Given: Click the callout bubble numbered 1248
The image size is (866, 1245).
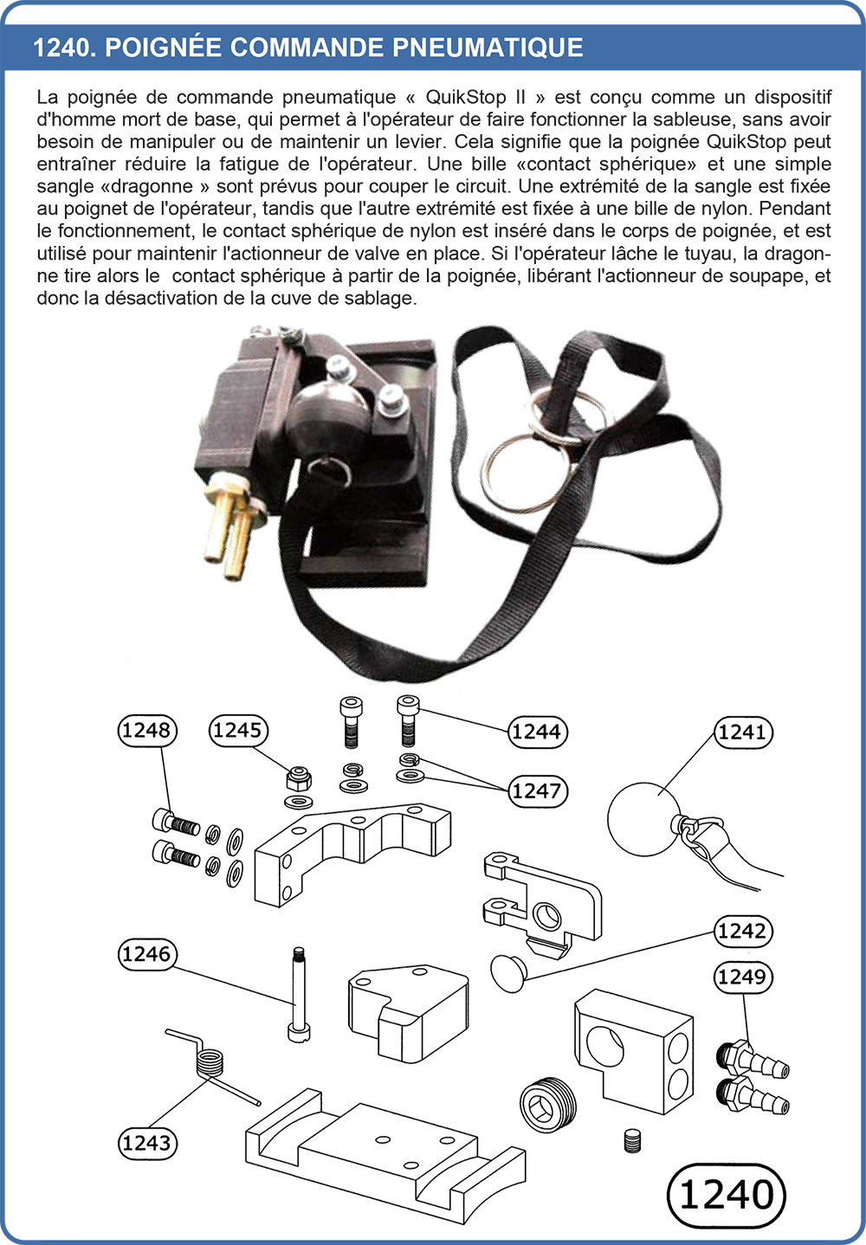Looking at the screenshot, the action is [146, 731].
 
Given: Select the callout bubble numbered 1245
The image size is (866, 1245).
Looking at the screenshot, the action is [238, 731].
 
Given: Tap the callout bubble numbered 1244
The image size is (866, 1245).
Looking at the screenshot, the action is [538, 732].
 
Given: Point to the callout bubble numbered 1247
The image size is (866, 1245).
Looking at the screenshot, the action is [538, 790].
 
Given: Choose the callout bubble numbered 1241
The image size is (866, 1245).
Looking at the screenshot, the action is [743, 732].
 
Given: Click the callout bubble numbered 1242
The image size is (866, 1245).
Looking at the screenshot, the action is [743, 931].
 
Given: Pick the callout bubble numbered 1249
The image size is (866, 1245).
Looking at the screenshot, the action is [743, 977].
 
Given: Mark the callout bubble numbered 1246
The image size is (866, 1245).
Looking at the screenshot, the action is [146, 954].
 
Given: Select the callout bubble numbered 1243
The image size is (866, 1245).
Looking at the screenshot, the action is [146, 1144].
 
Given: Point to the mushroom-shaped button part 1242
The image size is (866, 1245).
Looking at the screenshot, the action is [508, 972].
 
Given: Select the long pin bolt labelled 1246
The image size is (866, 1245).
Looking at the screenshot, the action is [299, 994].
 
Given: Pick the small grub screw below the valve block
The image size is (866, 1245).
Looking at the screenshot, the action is [631, 1141].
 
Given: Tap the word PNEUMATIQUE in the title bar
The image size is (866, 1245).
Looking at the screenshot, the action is [488, 48].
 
